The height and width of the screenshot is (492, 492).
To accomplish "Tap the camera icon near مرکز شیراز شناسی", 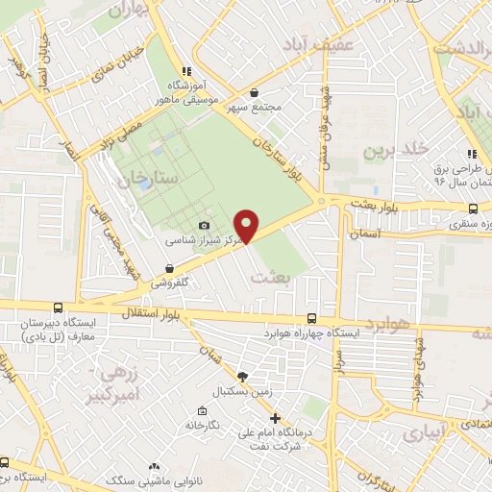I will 204,226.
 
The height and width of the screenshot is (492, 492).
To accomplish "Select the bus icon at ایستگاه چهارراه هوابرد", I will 311,318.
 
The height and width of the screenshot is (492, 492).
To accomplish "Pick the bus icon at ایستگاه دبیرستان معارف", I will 60,309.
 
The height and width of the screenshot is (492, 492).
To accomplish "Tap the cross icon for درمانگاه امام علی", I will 276,418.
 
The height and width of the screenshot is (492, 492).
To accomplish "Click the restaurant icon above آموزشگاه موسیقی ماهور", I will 186,71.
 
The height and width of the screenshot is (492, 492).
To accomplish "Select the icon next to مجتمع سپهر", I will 254,93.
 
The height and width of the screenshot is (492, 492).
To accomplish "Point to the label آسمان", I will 367,234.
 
